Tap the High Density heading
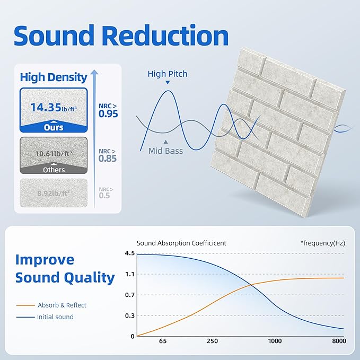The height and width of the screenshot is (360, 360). coord(54,77)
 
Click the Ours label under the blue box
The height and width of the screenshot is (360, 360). coord(54,127)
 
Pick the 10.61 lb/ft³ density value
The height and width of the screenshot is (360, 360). coord(53,154)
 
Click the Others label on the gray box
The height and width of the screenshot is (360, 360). coord(54,170)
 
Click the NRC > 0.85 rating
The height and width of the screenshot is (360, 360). coord(108,154)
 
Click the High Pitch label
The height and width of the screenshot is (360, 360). coord(167,74)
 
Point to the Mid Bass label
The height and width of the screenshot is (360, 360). coord(165,151)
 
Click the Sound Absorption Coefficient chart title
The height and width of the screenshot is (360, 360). coord(181,243)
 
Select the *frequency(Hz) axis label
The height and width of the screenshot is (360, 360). coord(322,243)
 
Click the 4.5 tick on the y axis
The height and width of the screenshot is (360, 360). coord(129,253)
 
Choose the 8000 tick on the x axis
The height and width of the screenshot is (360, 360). coord(339,341)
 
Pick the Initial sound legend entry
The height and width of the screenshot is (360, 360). coord(55,317)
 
